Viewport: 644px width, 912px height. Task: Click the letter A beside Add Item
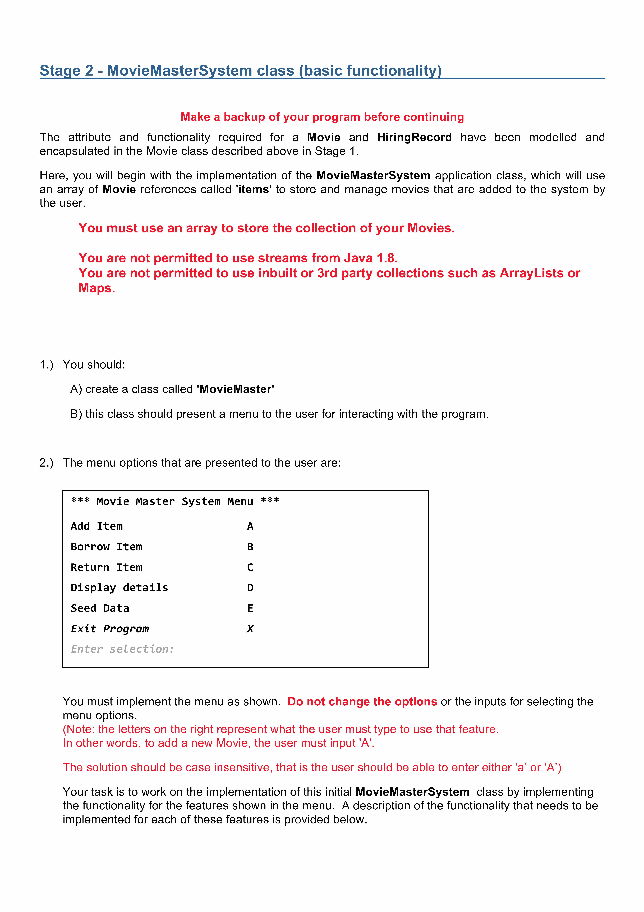click(x=250, y=526)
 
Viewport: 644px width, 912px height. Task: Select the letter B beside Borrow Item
click(x=250, y=547)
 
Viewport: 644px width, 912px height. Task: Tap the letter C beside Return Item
click(x=250, y=567)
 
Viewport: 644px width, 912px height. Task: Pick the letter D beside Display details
click(x=250, y=588)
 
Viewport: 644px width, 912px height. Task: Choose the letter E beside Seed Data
click(x=250, y=608)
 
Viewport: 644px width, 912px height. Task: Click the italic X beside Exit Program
click(x=250, y=629)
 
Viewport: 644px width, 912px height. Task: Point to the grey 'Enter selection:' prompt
click(x=122, y=649)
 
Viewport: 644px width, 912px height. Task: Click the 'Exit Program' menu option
click(x=109, y=629)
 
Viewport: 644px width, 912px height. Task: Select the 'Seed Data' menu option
click(x=100, y=608)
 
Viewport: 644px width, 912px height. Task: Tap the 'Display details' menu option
click(x=119, y=588)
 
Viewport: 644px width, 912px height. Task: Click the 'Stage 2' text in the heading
click(x=66, y=71)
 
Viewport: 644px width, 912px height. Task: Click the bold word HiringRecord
click(x=414, y=137)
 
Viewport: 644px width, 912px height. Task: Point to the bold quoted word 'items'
click(x=254, y=189)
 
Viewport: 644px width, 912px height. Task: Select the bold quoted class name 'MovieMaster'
click(x=235, y=389)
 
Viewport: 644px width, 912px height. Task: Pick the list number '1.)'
click(x=46, y=365)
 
